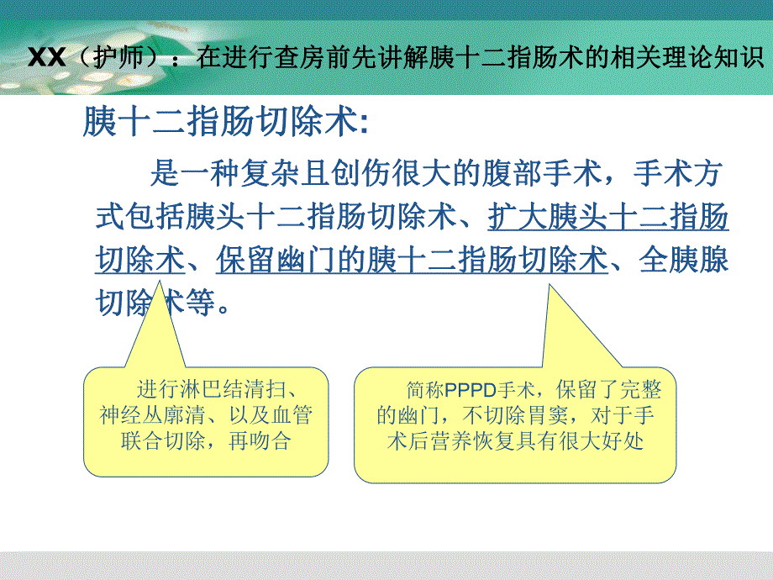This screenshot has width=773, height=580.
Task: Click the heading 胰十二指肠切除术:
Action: (x=225, y=124)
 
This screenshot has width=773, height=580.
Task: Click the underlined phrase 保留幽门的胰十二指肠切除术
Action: (x=412, y=261)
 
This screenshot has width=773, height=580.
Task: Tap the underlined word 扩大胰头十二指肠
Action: (x=607, y=218)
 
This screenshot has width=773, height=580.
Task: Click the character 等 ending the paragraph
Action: (x=200, y=302)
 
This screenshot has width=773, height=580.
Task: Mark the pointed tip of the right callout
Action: (x=551, y=286)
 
